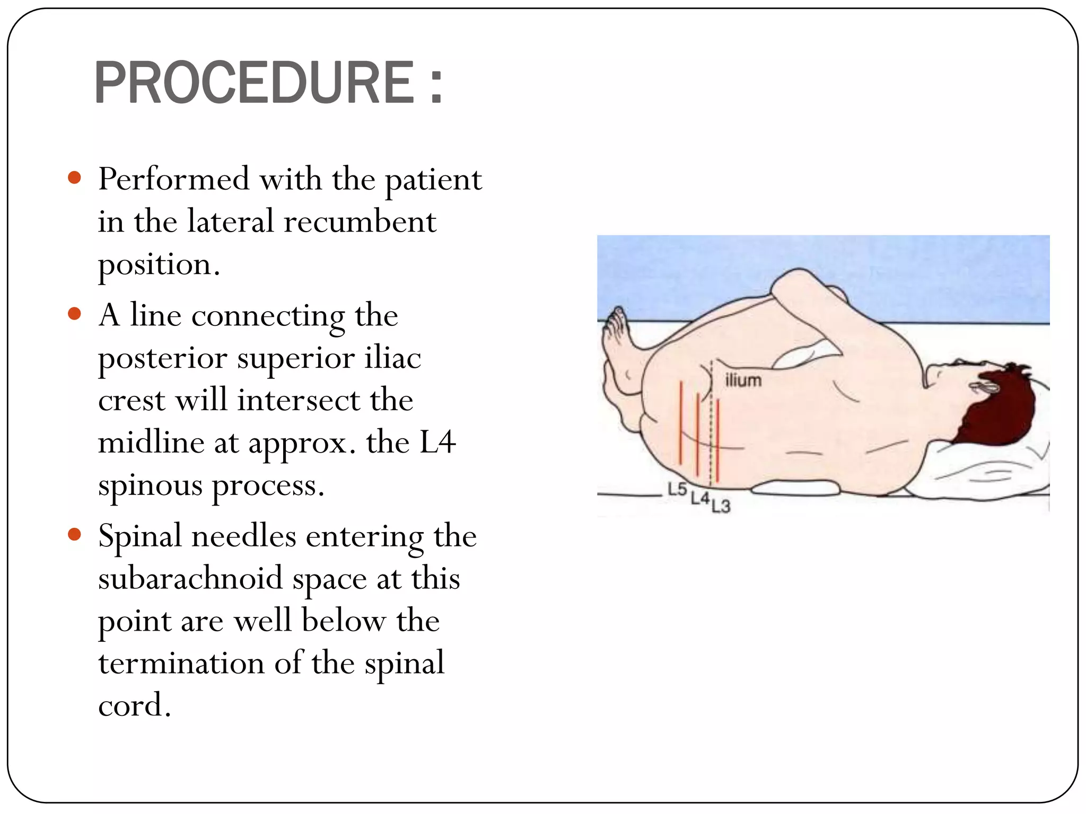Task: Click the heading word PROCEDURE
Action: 255,83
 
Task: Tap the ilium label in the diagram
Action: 743,380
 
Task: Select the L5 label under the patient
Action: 677,489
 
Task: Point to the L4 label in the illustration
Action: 699,498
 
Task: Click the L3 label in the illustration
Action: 721,507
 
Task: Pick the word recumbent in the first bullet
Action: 360,222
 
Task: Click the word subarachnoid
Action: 190,578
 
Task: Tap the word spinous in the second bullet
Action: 150,486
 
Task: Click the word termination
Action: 181,663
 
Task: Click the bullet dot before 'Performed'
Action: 75,178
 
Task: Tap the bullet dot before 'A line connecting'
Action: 75,314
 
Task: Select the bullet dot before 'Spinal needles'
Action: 75,534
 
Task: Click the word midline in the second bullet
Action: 151,443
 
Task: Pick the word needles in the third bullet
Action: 243,536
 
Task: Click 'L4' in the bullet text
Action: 437,443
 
